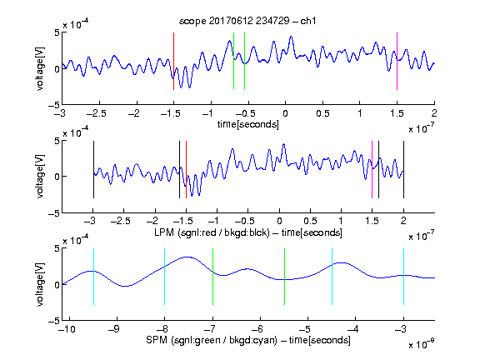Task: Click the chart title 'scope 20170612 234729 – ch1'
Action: (247, 21)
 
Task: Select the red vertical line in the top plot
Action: (173, 61)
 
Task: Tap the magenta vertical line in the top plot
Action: (397, 61)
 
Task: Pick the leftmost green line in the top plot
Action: (233, 61)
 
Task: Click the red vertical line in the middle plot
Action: (186, 170)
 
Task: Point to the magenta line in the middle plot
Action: (372, 170)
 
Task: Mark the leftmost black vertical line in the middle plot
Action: (93, 170)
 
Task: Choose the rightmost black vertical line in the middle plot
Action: (403, 170)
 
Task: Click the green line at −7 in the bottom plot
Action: (212, 277)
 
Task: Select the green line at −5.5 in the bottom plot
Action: (284, 277)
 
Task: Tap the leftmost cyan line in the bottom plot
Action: (93, 277)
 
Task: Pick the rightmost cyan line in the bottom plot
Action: (403, 277)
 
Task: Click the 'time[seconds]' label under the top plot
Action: (248, 124)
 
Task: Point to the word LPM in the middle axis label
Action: (164, 232)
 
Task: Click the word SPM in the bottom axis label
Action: (157, 340)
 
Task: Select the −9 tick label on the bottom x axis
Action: (114, 329)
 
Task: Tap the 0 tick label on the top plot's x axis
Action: (285, 113)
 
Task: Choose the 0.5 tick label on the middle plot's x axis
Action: (310, 221)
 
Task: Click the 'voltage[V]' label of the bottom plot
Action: (40, 284)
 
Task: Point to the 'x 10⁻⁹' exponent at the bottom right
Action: (422, 344)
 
